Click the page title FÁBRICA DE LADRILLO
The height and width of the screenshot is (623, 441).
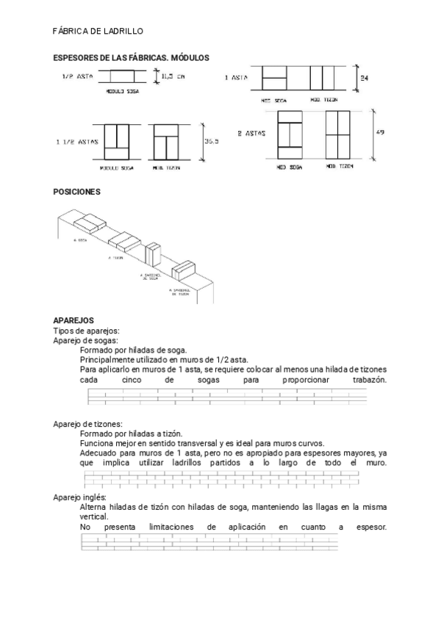(98, 32)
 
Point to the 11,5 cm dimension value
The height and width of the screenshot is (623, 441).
(174, 76)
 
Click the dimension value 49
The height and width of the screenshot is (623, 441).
(379, 132)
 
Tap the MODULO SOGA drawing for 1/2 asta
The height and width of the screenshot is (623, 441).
(123, 76)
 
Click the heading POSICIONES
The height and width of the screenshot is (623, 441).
(76, 191)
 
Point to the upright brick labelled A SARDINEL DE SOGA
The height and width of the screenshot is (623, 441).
(153, 256)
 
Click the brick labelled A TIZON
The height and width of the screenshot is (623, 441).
(121, 240)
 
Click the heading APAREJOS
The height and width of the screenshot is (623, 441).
(73, 321)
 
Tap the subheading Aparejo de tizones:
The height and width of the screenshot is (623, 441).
(88, 425)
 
